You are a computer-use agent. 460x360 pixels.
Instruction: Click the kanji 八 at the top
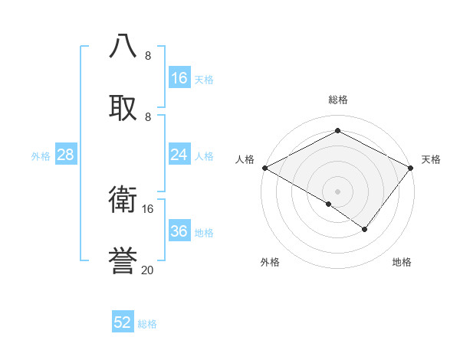(123, 47)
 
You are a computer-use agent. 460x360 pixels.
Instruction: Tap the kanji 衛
(123, 201)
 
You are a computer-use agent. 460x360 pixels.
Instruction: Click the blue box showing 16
(179, 78)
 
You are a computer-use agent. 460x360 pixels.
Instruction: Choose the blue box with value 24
(179, 155)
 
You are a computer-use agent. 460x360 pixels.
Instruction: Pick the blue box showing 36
(179, 231)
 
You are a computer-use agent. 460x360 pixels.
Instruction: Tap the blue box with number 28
(66, 155)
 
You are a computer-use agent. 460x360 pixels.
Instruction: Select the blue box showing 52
(123, 322)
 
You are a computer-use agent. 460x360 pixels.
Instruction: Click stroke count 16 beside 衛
(148, 208)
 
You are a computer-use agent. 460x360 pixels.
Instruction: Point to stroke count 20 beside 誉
(148, 270)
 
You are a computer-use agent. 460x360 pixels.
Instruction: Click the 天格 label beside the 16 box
(204, 79)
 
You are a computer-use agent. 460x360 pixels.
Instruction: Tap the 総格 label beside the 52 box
(147, 324)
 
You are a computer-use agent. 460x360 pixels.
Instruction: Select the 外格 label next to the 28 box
(41, 155)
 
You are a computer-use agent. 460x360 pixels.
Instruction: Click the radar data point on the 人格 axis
(264, 168)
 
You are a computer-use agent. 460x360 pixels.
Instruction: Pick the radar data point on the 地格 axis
(365, 229)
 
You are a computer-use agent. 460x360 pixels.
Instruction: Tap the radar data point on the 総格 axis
(337, 131)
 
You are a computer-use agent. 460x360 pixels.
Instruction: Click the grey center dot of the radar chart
(337, 191)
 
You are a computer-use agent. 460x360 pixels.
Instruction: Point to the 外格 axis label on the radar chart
(270, 262)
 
